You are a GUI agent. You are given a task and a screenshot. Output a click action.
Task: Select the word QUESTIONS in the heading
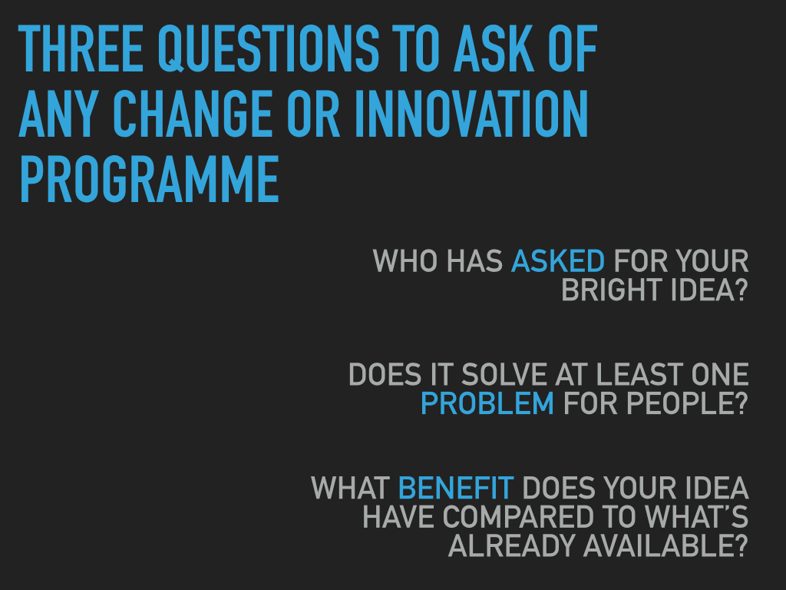(x=269, y=48)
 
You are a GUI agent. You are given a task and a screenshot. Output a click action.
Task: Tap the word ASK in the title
(x=494, y=48)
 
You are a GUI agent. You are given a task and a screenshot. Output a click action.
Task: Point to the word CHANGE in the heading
(x=193, y=114)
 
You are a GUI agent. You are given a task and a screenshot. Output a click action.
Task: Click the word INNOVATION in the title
(x=471, y=114)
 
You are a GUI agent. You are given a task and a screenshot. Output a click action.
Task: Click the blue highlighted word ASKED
(x=558, y=261)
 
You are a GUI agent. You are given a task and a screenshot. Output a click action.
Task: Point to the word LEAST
(x=639, y=375)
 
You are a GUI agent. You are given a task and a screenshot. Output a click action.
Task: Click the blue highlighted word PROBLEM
(x=487, y=403)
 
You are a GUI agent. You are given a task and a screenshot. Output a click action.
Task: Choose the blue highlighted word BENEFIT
(x=456, y=488)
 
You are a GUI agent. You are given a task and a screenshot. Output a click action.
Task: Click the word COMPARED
(x=519, y=517)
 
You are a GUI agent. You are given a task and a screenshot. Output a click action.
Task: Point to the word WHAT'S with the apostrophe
(x=697, y=517)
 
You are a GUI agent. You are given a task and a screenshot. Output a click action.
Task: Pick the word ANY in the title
(x=56, y=114)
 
